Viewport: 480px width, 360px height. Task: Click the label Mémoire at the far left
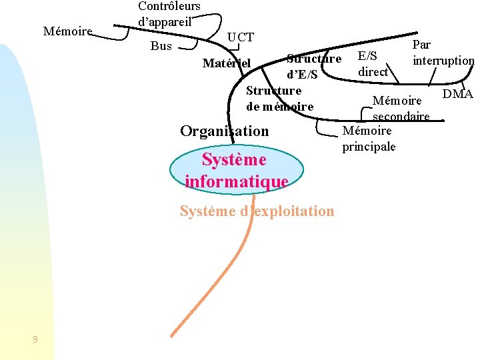coord(67,31)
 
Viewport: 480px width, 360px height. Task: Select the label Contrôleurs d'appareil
coord(169,13)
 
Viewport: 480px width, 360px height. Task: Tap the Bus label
coord(161,46)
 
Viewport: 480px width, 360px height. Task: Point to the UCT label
coord(241,37)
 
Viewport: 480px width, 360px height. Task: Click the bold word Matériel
coord(226,63)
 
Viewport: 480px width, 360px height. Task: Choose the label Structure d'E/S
coord(313,67)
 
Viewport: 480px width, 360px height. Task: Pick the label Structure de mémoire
coord(279,99)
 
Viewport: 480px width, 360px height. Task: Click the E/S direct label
coord(373,64)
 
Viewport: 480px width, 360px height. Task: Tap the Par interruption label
coord(443,53)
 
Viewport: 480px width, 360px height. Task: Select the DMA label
coord(457,94)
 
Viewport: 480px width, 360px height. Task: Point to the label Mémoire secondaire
coord(400,109)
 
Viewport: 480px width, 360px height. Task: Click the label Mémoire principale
coord(369,139)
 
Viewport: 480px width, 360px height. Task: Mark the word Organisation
coord(225,131)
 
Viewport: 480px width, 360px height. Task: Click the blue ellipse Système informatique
coord(236,170)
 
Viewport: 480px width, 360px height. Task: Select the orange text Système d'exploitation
coord(257,211)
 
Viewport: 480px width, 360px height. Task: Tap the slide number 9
coord(35,340)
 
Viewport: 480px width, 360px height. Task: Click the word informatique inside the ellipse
coord(236,181)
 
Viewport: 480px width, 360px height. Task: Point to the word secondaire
coord(401,117)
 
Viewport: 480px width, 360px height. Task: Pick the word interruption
coord(443,61)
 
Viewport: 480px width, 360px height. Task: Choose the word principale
coord(369,147)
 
